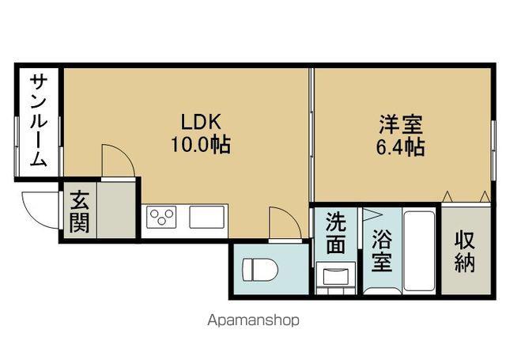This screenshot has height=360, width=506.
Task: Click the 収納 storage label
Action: (465, 252)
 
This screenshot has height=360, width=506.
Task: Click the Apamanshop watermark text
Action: (253, 321)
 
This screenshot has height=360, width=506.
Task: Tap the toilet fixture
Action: (259, 271)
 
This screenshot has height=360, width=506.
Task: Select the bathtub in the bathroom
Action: (419, 252)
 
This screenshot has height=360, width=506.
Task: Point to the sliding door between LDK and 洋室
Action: (312, 135)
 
